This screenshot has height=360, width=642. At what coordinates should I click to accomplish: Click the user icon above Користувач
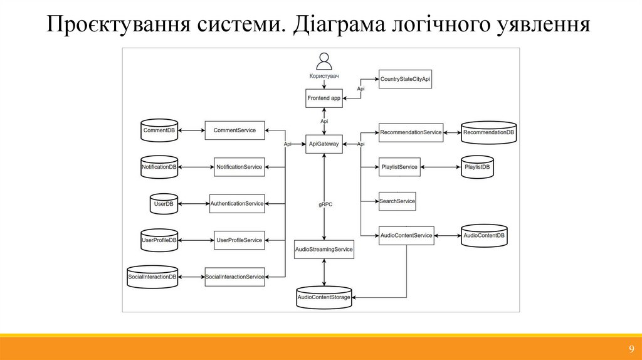[x=324, y=61]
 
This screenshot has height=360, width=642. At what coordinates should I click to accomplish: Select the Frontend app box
[x=324, y=98]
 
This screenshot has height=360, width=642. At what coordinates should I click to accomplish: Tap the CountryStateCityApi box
[x=406, y=80]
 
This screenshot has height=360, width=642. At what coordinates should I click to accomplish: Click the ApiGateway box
[x=324, y=144]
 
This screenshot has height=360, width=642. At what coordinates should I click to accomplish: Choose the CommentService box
[x=234, y=130]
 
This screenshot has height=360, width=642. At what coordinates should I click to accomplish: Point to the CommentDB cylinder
[x=159, y=130]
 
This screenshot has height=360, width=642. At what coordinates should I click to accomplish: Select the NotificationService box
[x=239, y=167]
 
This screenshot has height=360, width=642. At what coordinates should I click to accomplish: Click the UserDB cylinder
[x=163, y=203]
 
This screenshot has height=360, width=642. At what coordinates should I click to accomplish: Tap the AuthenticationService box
[x=237, y=203]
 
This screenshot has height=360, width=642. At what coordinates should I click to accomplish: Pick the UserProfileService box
[x=239, y=240]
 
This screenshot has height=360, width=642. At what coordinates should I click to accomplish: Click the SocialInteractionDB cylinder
[x=152, y=277]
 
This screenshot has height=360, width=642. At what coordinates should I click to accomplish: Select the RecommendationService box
[x=411, y=132]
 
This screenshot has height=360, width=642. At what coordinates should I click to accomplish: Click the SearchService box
[x=397, y=201]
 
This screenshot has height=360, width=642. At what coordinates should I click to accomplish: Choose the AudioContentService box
[x=406, y=235]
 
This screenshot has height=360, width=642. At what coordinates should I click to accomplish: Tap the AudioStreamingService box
[x=324, y=249]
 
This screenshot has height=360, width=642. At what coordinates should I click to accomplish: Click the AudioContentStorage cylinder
[x=324, y=297]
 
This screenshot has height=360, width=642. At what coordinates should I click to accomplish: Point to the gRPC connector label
[x=324, y=204]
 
